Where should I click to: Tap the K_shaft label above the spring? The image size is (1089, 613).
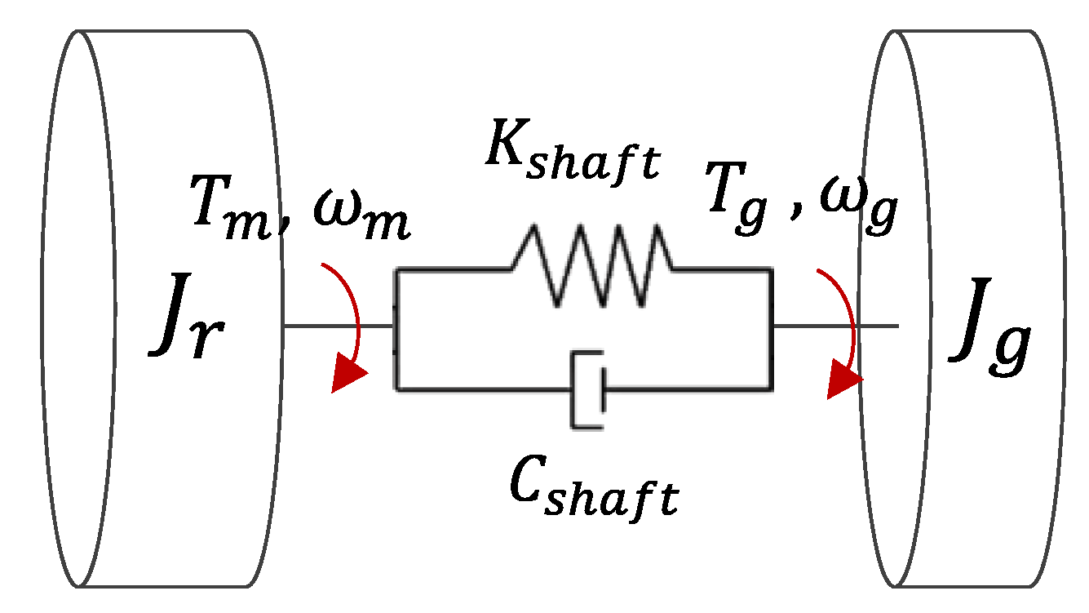[569, 150]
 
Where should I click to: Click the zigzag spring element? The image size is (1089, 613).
[591, 264]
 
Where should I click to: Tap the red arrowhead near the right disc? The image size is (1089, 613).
[843, 382]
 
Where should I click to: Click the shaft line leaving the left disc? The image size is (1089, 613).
[338, 326]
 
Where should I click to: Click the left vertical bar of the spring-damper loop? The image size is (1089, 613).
[396, 326]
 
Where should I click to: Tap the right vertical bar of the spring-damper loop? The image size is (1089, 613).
[771, 326]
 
